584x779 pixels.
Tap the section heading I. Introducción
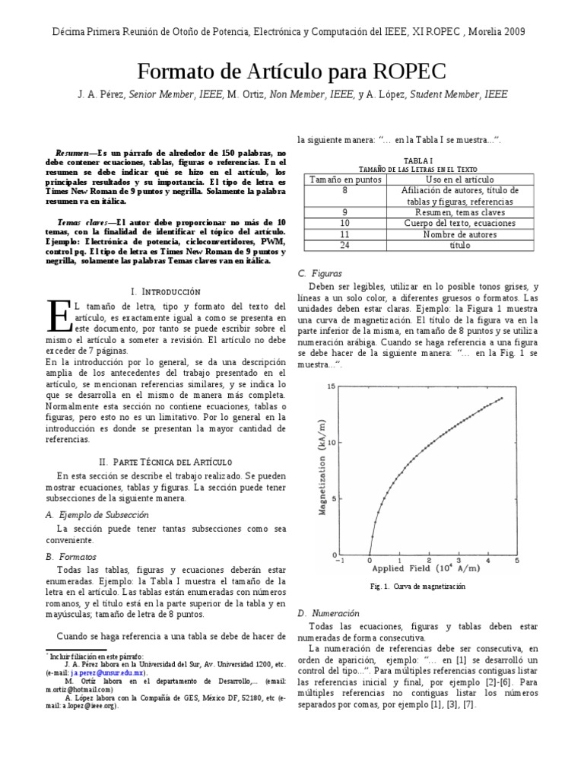coord(166,291)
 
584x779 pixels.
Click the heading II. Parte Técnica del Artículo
coord(166,462)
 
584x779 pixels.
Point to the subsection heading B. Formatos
coord(71,557)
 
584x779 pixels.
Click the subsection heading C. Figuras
coord(322,272)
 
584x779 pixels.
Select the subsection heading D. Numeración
coord(328,612)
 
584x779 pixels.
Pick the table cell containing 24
coord(344,246)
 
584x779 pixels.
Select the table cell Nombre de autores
coord(459,235)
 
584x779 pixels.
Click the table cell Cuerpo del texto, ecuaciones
coord(459,224)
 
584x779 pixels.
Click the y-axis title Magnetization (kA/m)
coord(322,469)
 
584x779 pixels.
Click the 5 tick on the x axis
coord(517,560)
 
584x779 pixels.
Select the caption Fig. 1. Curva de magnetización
coord(418,587)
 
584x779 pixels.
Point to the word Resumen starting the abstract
coord(77,152)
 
